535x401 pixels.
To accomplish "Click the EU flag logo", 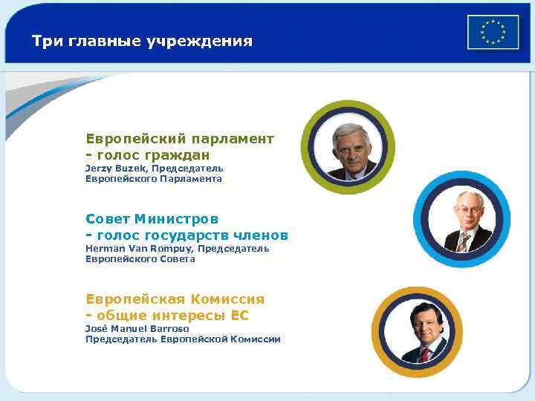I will (x=493, y=32).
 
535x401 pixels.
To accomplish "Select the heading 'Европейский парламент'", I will (x=180, y=139).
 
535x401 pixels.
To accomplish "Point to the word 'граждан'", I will (x=178, y=155).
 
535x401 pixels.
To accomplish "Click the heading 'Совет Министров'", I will (x=152, y=219).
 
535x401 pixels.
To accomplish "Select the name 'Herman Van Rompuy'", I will (x=139, y=248).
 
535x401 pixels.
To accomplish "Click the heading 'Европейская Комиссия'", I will (x=175, y=299).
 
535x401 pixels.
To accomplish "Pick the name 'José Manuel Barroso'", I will (x=137, y=328).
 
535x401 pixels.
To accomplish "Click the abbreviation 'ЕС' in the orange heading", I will (x=240, y=316).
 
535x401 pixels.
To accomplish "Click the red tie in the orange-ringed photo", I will (x=424, y=355).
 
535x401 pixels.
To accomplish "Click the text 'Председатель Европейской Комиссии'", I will (x=183, y=339).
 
